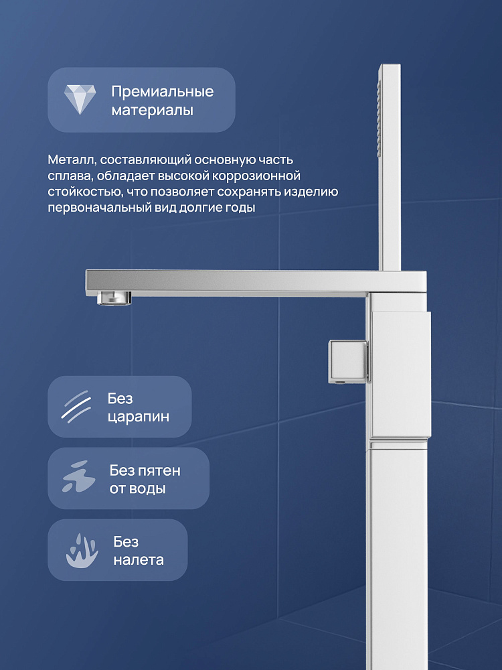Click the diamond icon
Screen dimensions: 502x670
pos(80,99)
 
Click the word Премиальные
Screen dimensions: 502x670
pos(162,92)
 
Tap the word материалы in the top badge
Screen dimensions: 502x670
pos(153,111)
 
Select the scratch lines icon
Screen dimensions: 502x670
pos(76,407)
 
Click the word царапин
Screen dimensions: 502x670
pos(139,417)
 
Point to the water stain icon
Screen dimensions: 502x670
pos(78,477)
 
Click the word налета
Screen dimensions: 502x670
pos(139,560)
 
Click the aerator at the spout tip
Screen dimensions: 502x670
pos(114,298)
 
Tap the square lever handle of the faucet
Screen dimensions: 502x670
pos(348,362)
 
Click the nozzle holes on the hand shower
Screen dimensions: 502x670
pos(379,120)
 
